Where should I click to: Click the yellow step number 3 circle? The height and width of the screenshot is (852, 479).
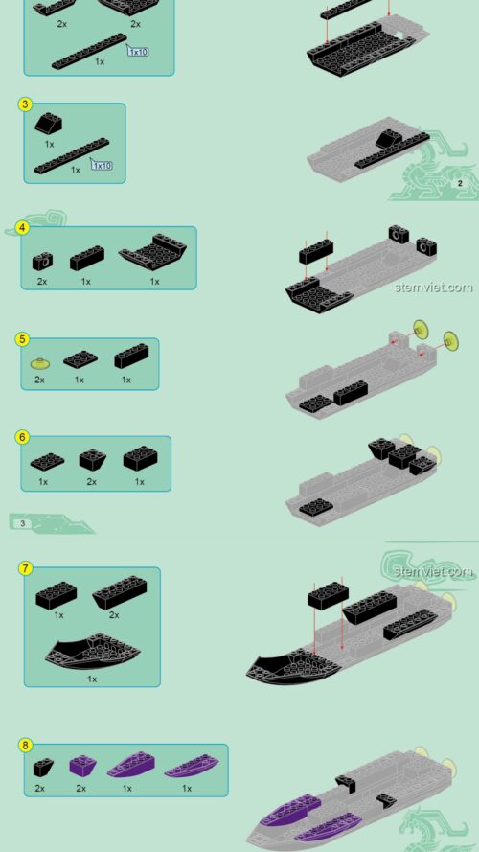click(x=26, y=104)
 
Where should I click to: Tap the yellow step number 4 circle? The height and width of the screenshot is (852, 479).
click(x=22, y=228)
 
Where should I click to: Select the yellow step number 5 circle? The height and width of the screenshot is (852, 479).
click(x=23, y=338)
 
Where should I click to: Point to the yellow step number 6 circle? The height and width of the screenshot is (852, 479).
click(x=22, y=437)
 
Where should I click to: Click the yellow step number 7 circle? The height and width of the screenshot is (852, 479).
click(x=26, y=568)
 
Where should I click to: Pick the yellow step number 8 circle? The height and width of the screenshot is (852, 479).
click(x=26, y=745)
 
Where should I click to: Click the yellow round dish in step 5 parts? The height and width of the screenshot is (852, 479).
click(x=39, y=363)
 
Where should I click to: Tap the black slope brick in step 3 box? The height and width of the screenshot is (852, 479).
click(x=49, y=124)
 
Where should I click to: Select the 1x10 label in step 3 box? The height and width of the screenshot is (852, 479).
click(x=102, y=165)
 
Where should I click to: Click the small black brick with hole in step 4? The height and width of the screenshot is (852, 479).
click(x=42, y=260)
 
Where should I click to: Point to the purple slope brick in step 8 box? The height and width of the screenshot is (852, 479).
click(x=81, y=766)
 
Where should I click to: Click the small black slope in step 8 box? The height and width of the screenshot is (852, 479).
click(x=43, y=767)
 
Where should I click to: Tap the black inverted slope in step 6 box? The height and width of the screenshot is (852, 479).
click(x=92, y=459)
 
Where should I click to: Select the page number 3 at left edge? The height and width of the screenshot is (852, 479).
click(x=22, y=522)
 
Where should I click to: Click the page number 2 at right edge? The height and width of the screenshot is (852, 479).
click(x=460, y=182)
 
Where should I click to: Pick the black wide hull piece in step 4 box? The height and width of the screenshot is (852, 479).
click(x=153, y=255)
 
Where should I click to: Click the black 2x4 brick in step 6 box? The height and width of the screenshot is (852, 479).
click(x=141, y=459)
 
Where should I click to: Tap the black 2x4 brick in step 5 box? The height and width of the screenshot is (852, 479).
click(x=131, y=357)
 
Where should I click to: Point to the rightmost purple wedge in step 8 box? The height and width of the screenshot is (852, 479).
click(x=191, y=767)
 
